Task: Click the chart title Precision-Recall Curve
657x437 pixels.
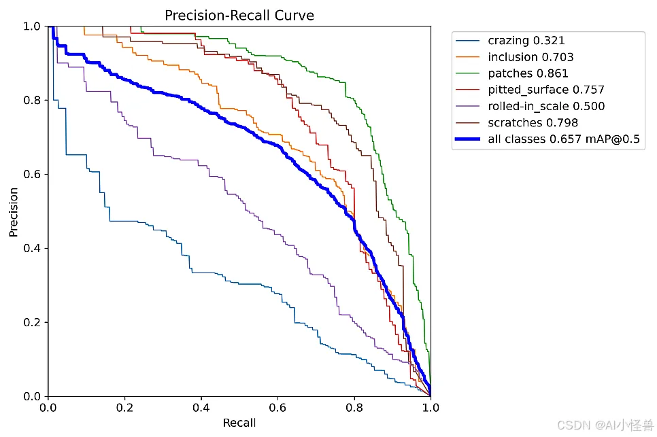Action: [239, 14]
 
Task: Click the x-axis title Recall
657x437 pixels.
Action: [239, 423]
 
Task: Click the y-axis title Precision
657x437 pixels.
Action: [14, 211]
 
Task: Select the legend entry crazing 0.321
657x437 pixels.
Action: [526, 41]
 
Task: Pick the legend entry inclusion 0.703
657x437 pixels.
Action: [530, 57]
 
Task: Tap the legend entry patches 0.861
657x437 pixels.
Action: [528, 73]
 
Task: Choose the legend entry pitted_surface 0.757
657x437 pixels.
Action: [546, 90]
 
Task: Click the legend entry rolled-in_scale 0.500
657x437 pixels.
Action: [546, 106]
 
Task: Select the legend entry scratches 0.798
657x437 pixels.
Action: [533, 122]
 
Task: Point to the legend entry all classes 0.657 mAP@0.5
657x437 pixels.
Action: [564, 139]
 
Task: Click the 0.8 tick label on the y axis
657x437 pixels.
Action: [31, 100]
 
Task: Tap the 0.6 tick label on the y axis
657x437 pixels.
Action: [31, 174]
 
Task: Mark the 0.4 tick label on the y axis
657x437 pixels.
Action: [31, 248]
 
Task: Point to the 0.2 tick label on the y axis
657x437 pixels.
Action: [31, 322]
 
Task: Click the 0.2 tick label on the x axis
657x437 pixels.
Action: [124, 408]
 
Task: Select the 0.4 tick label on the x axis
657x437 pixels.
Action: [201, 408]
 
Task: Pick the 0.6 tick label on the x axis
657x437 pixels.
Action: [277, 408]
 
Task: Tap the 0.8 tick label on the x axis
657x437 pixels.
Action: [354, 408]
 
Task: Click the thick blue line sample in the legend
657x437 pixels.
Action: [469, 139]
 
